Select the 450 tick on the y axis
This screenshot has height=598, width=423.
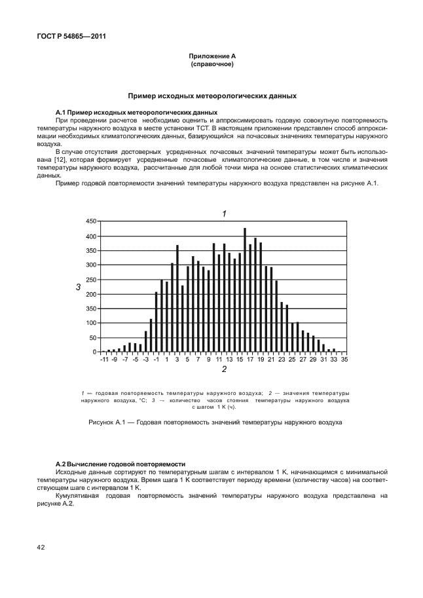(x=91, y=222)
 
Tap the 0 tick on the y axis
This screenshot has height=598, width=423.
(x=94, y=352)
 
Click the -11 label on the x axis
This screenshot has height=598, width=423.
(x=103, y=360)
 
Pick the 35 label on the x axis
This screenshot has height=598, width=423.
(x=344, y=360)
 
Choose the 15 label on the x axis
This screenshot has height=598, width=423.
(x=240, y=360)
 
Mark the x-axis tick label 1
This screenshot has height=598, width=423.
(x=166, y=360)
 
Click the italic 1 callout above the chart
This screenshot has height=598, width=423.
(x=224, y=214)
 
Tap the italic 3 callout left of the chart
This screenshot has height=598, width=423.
(x=78, y=287)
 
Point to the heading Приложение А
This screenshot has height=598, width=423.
(x=212, y=57)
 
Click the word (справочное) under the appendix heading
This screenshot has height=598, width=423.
(x=212, y=65)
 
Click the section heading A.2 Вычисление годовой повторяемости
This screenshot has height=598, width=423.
(x=121, y=462)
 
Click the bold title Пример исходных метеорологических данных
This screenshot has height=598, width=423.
(x=212, y=96)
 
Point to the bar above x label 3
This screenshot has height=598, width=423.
(x=177, y=299)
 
